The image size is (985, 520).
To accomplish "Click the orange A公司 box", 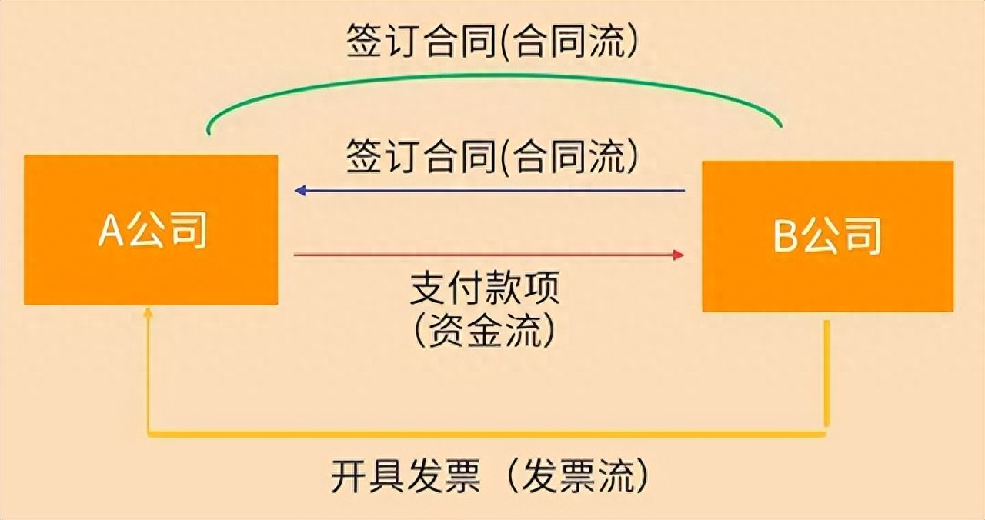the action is tap(151, 229).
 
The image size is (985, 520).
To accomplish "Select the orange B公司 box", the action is tap(828, 236).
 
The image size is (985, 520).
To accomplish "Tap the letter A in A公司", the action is tap(110, 229).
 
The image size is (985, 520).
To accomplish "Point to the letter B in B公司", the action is tap(786, 236).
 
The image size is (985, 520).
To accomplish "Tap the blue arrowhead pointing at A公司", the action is tap(300, 191).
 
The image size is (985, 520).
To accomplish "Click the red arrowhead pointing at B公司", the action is tap(679, 255).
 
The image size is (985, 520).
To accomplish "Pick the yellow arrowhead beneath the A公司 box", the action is tap(149, 312).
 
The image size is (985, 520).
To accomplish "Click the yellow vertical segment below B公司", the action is tap(826, 373).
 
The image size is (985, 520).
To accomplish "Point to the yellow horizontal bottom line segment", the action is tap(487, 435).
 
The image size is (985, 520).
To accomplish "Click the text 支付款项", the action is tap(485, 288).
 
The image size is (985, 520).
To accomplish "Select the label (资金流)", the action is tap(484, 331).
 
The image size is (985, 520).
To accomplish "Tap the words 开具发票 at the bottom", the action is tap(406, 476).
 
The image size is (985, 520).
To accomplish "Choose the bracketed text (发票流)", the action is tap(577, 476).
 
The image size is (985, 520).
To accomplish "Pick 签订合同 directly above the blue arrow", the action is tap(421, 156).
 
